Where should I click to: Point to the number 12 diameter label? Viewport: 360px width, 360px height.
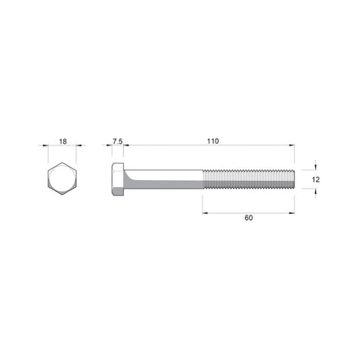pos(317,180)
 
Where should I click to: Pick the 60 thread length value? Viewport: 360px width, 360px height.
pos(248,218)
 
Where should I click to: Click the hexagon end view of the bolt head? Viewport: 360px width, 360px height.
pos(62,180)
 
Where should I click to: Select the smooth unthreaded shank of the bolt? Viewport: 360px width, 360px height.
pos(164,180)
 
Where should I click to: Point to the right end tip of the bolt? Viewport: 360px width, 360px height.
pos(295,180)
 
